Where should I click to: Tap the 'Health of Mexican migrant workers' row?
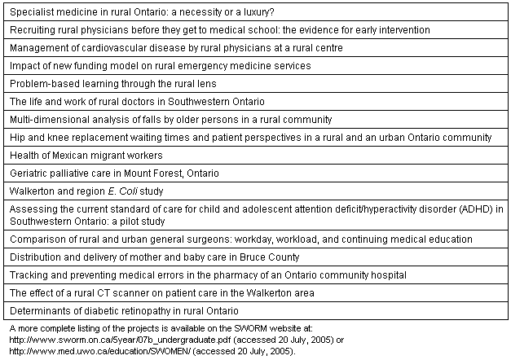86,156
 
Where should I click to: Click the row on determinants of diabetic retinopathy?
124,310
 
